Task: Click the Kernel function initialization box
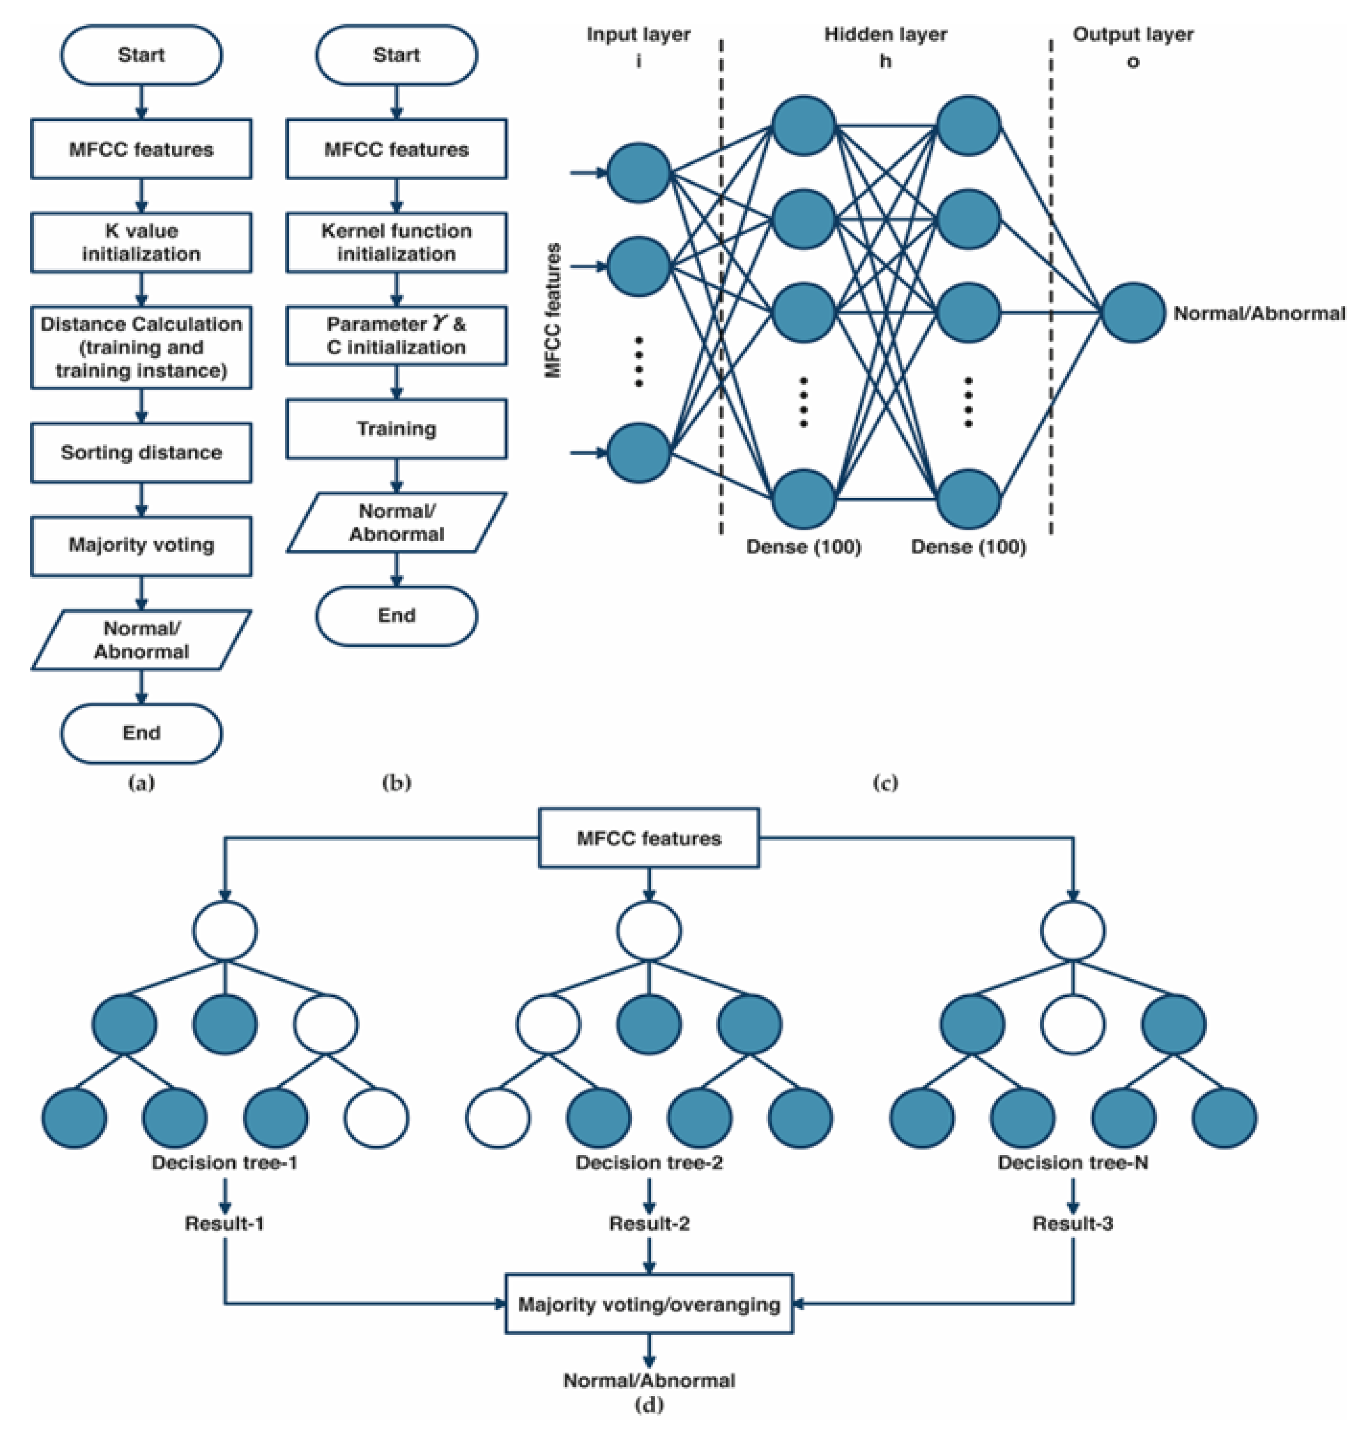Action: [x=396, y=242]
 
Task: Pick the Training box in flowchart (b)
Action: [x=396, y=429]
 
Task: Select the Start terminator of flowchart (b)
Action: [x=396, y=55]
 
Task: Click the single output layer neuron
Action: [x=1132, y=313]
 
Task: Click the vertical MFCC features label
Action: [x=553, y=311]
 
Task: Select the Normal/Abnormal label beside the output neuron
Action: [x=1259, y=314]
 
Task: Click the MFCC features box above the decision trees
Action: [x=648, y=838]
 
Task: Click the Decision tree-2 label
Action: [x=648, y=1163]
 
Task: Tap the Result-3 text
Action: [x=1072, y=1224]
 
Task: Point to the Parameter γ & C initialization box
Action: [x=396, y=336]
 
